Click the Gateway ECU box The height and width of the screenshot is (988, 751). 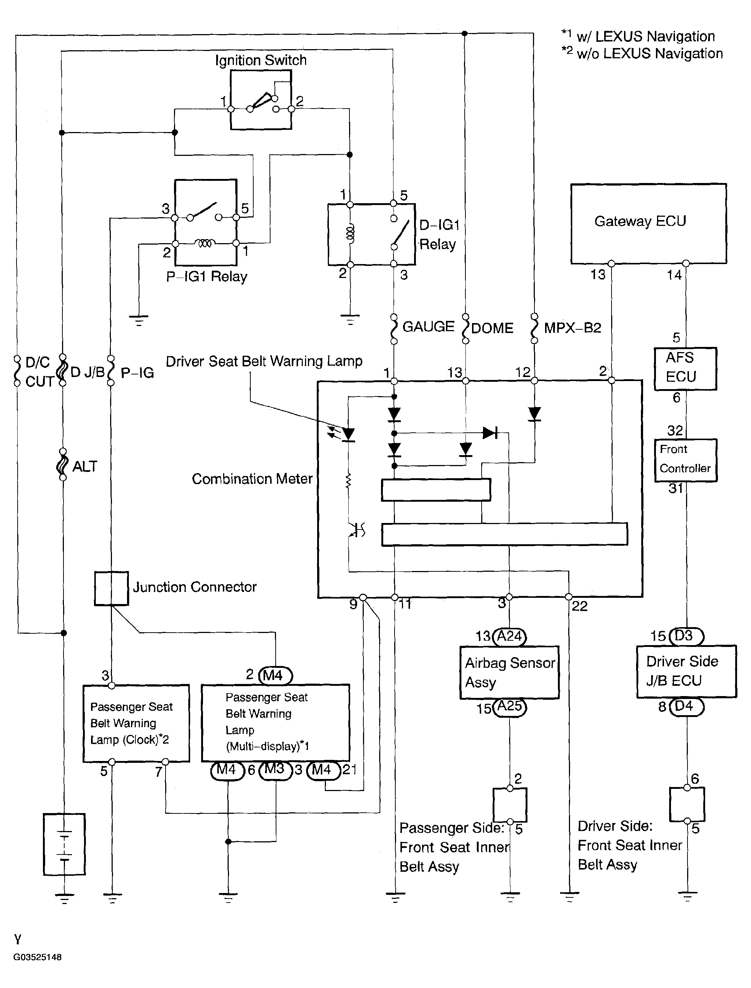[x=648, y=223]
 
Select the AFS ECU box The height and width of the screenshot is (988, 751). [x=685, y=369]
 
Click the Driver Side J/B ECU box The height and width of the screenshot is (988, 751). [x=686, y=672]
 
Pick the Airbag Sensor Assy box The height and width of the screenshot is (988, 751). [x=509, y=673]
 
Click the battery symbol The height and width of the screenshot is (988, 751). [x=64, y=844]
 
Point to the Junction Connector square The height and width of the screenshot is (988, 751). [x=111, y=588]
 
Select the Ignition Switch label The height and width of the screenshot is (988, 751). [x=261, y=60]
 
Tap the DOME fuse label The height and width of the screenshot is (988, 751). [x=492, y=328]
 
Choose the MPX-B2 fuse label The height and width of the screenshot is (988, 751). [x=572, y=328]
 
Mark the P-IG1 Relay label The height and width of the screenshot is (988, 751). [x=207, y=277]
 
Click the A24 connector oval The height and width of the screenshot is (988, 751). [x=509, y=636]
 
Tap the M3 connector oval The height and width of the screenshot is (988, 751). [x=275, y=769]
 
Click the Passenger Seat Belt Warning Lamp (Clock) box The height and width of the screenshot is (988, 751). [x=136, y=723]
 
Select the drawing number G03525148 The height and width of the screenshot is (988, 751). [x=37, y=957]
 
